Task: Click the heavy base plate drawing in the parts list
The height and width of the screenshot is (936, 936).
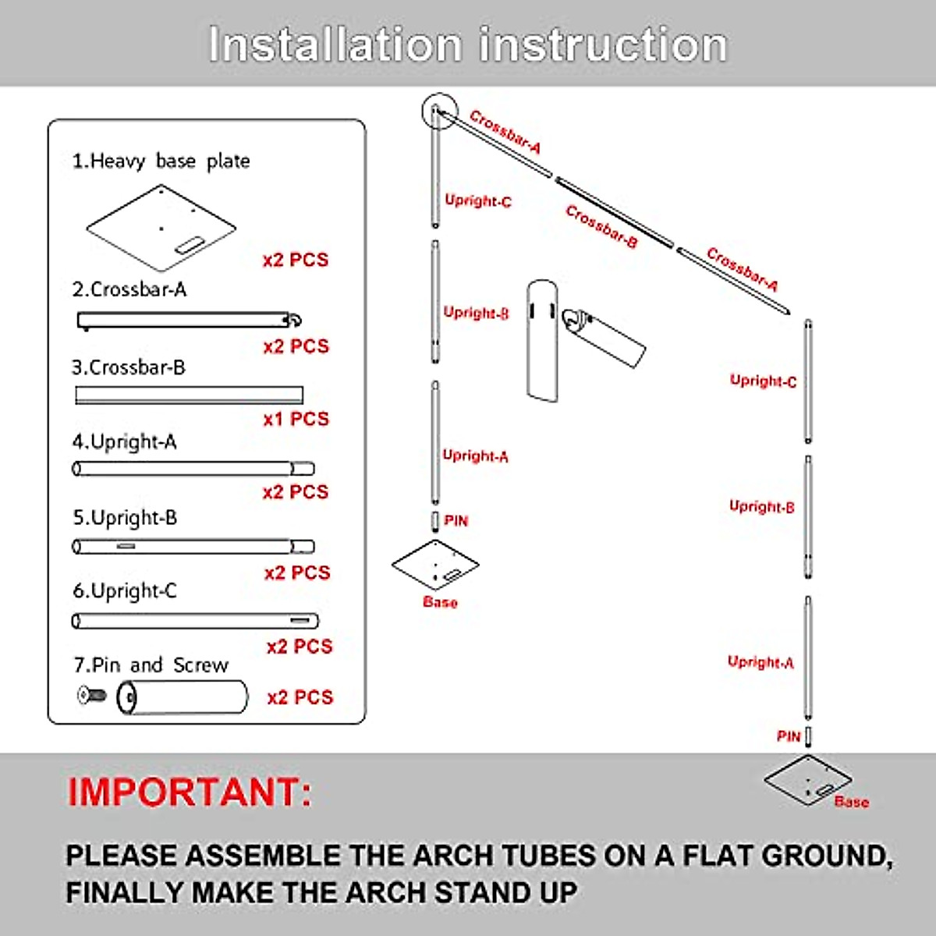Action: tap(161, 227)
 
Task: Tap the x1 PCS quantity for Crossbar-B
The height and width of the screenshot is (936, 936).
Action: tap(296, 419)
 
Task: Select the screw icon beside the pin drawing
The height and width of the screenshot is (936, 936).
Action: tap(91, 694)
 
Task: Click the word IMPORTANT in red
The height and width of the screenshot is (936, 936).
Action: tap(190, 792)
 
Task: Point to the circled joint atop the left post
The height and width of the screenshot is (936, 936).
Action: tap(438, 112)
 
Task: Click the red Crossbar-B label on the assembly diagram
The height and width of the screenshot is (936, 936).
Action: tap(601, 226)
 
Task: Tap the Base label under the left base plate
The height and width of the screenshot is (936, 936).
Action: tap(440, 602)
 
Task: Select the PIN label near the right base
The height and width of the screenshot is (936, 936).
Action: tap(789, 736)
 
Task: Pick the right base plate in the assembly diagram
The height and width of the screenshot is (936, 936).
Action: tap(808, 778)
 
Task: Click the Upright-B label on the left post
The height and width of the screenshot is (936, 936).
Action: tap(476, 313)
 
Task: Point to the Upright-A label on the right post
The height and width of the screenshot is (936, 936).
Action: tap(760, 662)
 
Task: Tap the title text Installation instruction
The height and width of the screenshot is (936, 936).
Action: tap(468, 44)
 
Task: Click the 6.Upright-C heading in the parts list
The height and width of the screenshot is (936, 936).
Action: tap(125, 591)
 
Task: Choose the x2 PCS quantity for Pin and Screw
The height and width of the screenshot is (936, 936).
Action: tap(300, 697)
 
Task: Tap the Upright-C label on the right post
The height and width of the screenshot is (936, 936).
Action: tap(763, 381)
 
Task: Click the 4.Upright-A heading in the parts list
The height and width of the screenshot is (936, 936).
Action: tap(125, 441)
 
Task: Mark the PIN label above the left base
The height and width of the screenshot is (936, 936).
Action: tap(456, 520)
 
